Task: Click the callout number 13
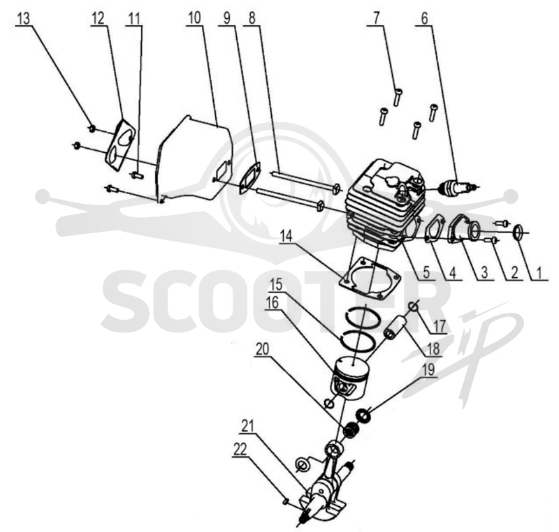[23, 19]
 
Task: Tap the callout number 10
[194, 18]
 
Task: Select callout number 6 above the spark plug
[424, 19]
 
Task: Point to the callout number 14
[286, 236]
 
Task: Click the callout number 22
[240, 450]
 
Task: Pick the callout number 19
[428, 369]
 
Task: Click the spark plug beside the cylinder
[457, 187]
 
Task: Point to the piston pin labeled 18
[395, 327]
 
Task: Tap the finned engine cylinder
[385, 206]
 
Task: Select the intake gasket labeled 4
[435, 231]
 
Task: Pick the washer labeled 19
[364, 415]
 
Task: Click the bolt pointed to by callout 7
[398, 96]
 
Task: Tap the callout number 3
[484, 273]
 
